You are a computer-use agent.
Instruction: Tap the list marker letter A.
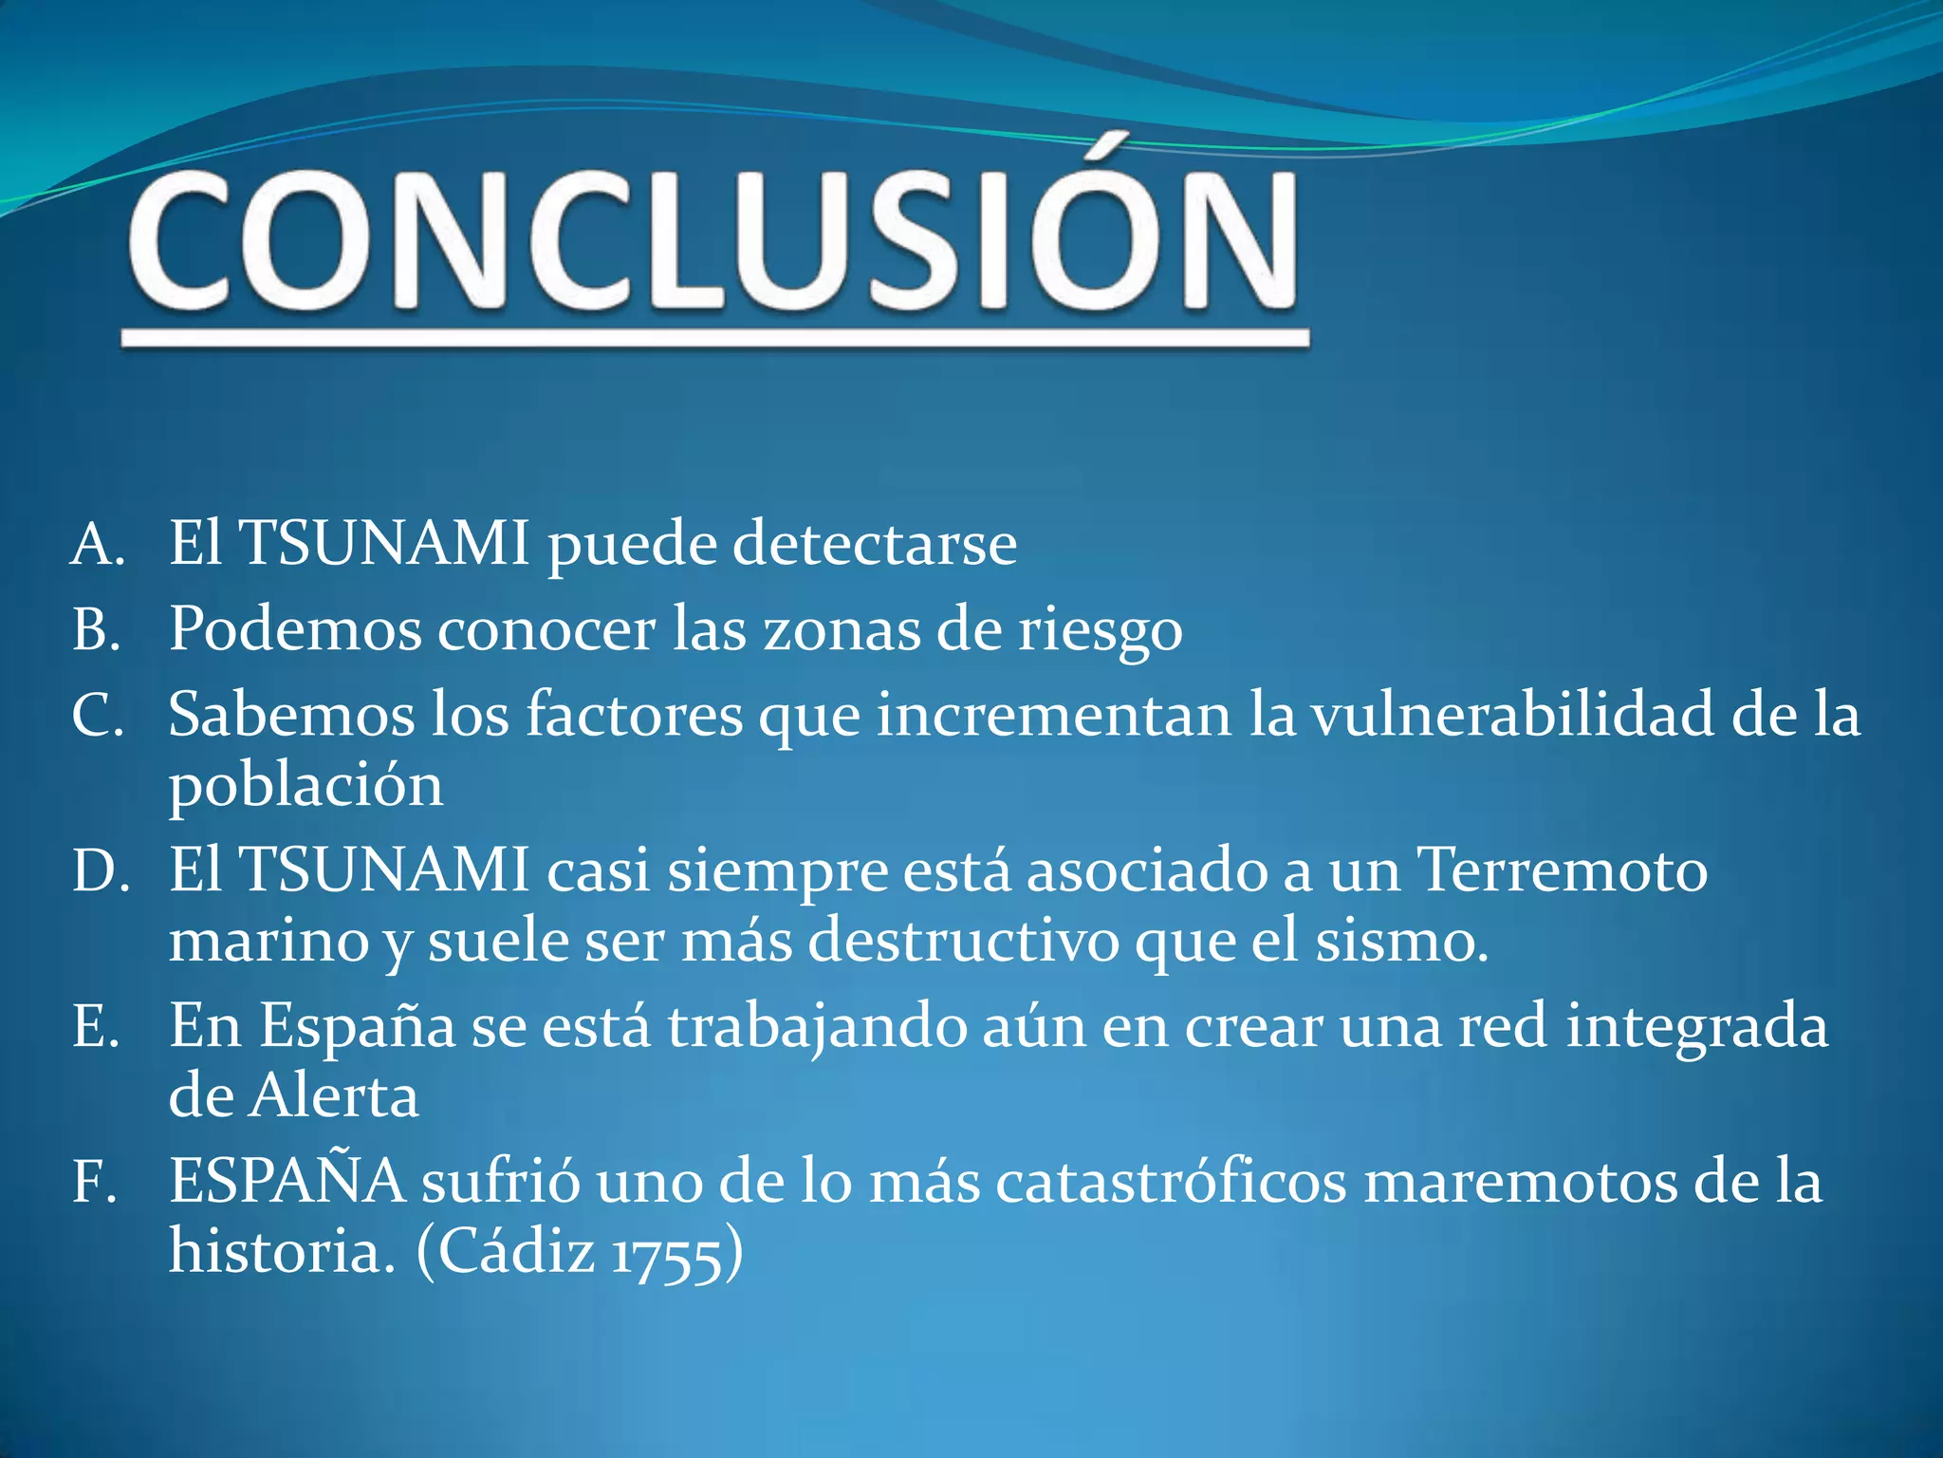pyautogui.click(x=97, y=545)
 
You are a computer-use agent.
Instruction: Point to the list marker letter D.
pyautogui.click(x=100, y=871)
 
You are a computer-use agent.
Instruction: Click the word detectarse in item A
pyautogui.click(x=875, y=543)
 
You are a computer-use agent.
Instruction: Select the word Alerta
pyautogui.click(x=334, y=1097)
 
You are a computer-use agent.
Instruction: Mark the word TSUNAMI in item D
pyautogui.click(x=385, y=869)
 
